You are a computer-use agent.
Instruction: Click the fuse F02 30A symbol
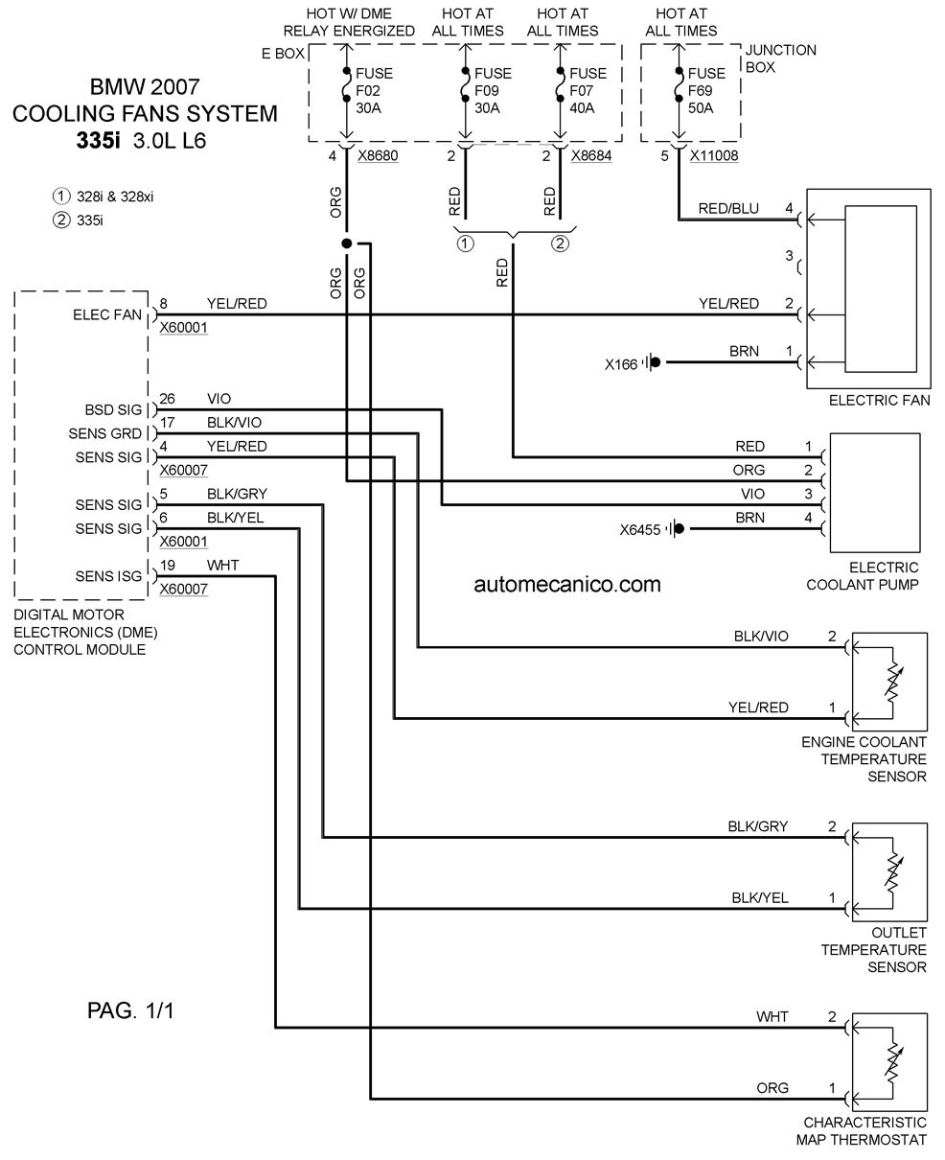point(346,85)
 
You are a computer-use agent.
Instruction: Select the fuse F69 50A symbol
point(679,85)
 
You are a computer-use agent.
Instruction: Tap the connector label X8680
point(378,155)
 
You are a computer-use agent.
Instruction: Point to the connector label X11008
point(714,155)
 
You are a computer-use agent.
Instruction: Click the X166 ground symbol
point(652,362)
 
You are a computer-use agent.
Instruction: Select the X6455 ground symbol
point(676,529)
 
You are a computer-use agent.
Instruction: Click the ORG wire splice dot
point(347,244)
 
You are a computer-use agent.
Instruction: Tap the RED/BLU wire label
point(728,209)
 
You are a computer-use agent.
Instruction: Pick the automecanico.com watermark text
point(567,585)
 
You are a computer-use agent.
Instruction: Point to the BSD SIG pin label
point(113,409)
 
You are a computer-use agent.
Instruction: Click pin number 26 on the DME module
point(167,399)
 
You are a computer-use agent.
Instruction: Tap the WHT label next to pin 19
point(222,566)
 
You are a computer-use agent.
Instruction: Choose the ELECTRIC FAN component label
point(879,401)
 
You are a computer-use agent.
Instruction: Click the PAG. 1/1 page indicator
point(130,1010)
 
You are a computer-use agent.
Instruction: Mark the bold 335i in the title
point(98,141)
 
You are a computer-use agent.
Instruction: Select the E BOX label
point(283,54)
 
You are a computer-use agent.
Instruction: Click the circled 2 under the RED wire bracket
point(560,244)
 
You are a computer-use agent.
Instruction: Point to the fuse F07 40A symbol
point(560,85)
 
